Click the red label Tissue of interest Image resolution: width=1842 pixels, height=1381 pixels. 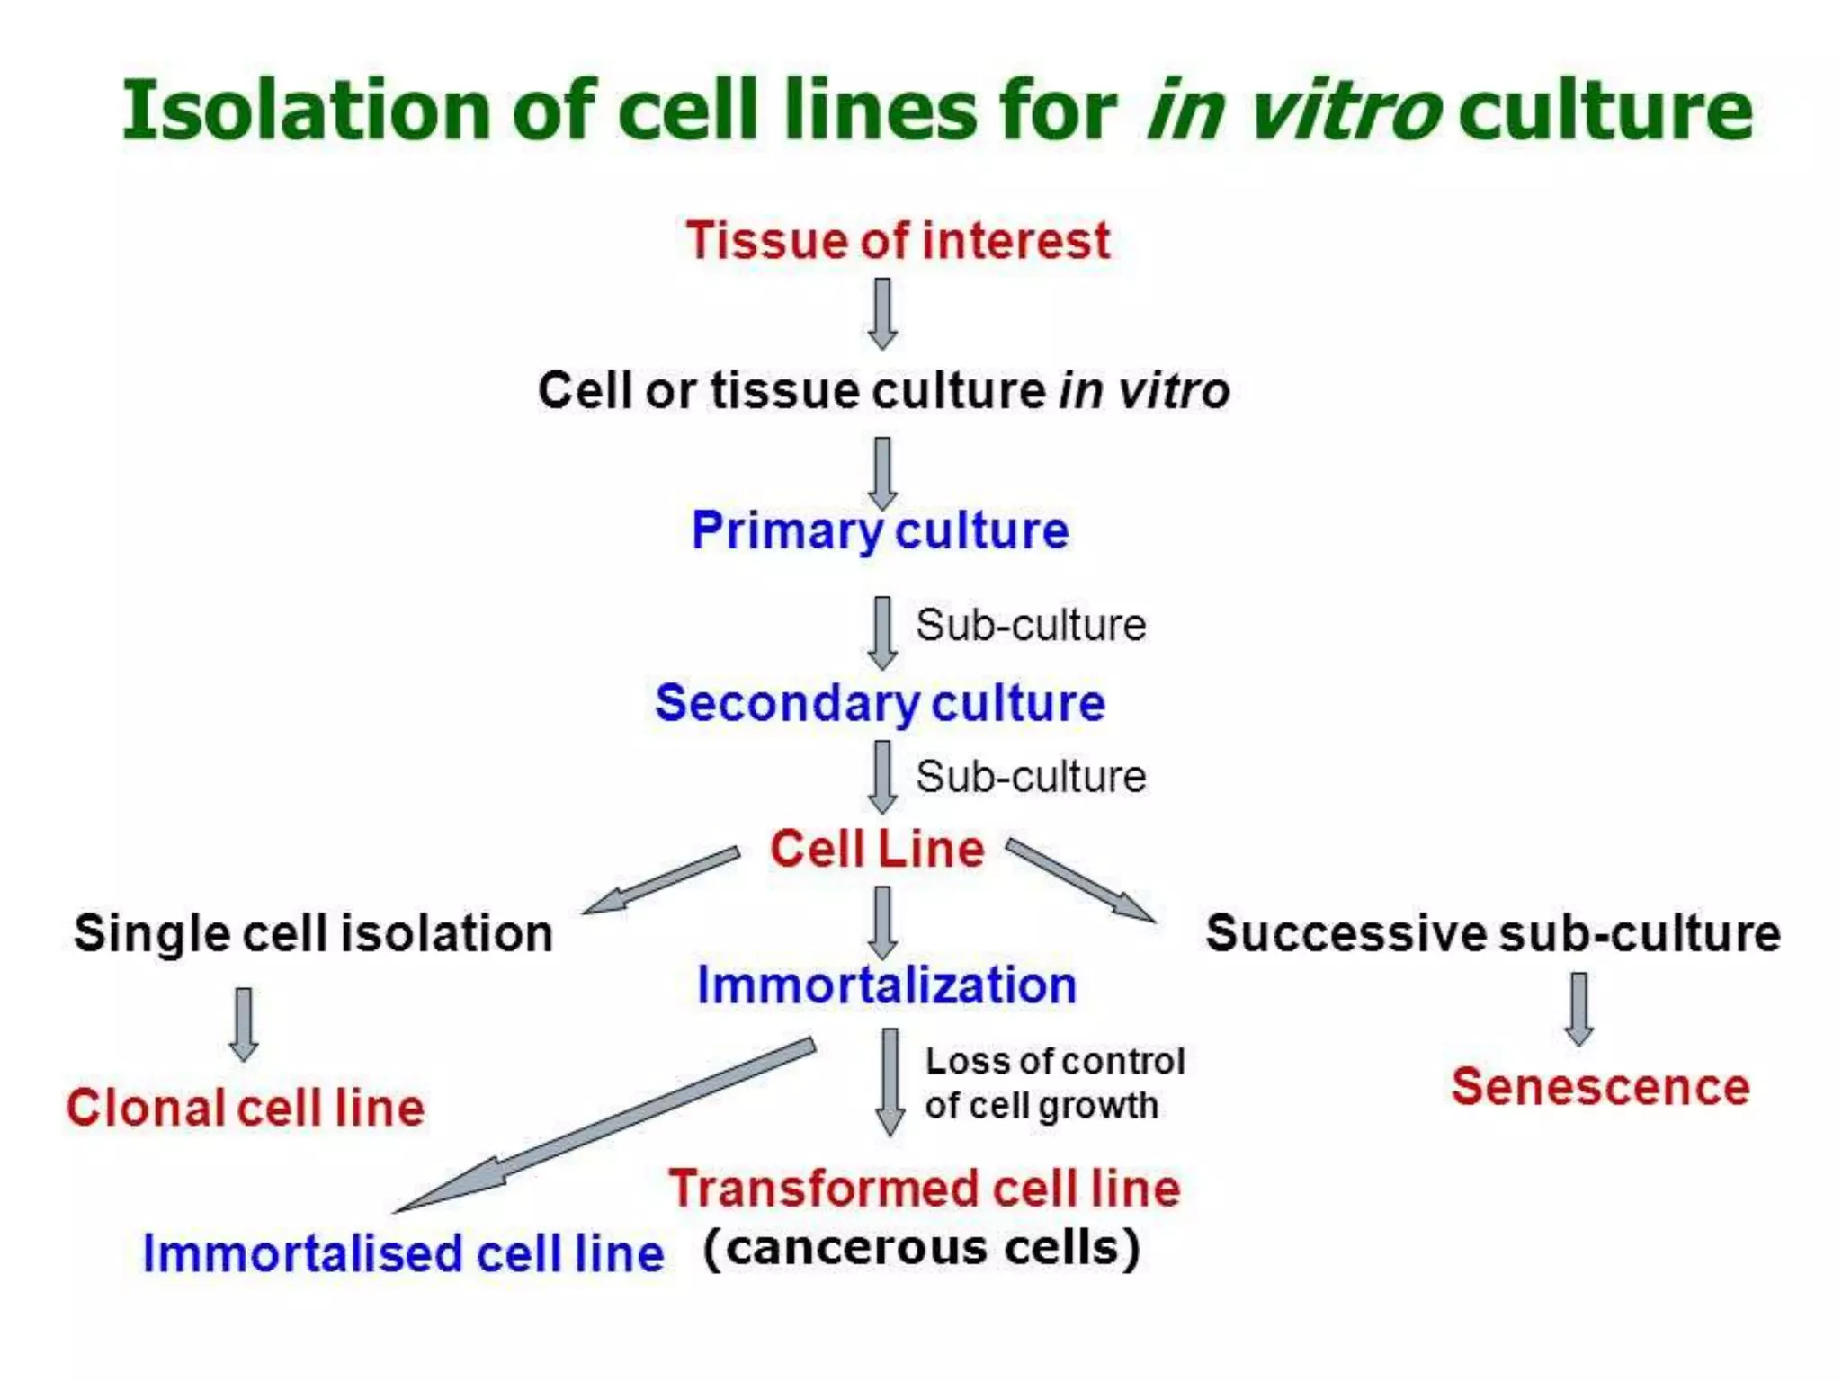pyautogui.click(x=898, y=241)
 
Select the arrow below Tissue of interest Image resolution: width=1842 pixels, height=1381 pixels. pyautogui.click(x=882, y=314)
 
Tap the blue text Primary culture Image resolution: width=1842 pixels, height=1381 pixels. pyautogui.click(x=880, y=530)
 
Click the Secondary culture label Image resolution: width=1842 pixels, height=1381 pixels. pyautogui.click(x=880, y=702)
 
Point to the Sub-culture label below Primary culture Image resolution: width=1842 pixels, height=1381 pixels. pyautogui.click(x=1031, y=625)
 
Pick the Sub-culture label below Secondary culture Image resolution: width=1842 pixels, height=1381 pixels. pyautogui.click(x=1031, y=777)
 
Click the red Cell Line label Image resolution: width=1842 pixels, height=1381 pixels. pyautogui.click(x=877, y=849)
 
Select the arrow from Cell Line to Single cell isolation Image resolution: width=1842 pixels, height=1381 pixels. pyautogui.click(x=661, y=880)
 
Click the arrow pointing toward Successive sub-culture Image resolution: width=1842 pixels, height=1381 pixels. pyautogui.click(x=1079, y=880)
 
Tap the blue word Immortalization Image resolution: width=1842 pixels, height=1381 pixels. pyautogui.click(x=887, y=985)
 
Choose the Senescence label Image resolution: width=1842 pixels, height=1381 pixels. pyautogui.click(x=1600, y=1087)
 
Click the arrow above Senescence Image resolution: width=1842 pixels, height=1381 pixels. pyautogui.click(x=1579, y=1008)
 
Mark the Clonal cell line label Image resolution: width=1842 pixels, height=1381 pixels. pyautogui.click(x=245, y=1108)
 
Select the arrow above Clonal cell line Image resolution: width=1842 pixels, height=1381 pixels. pyautogui.click(x=244, y=1024)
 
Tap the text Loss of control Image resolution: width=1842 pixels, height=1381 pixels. pyautogui.click(x=1054, y=1062)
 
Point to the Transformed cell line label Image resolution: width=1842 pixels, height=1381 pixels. pyautogui.click(x=924, y=1189)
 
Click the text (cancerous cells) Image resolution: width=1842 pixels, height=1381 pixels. pyautogui.click(x=922, y=1248)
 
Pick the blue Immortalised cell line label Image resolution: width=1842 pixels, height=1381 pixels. pyautogui.click(x=403, y=1253)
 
